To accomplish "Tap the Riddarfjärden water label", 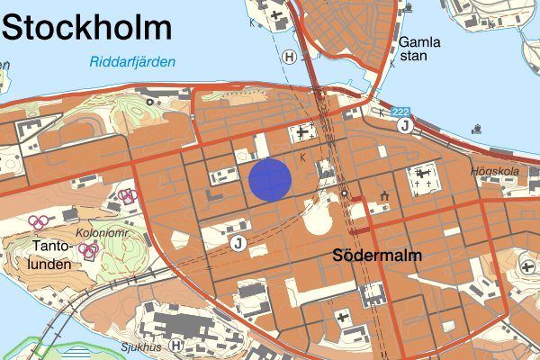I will [132, 62].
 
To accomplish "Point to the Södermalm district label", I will [377, 256].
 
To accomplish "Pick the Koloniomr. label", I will [106, 232].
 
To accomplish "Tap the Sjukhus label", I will [145, 344].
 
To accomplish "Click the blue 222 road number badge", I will [400, 111].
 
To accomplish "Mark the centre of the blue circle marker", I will [270, 178].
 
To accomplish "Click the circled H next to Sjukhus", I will [176, 345].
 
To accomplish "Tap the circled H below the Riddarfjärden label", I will [289, 57].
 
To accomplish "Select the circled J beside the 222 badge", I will [405, 125].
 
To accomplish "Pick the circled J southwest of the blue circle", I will [238, 243].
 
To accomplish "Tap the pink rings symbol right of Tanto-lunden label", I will [89, 251].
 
